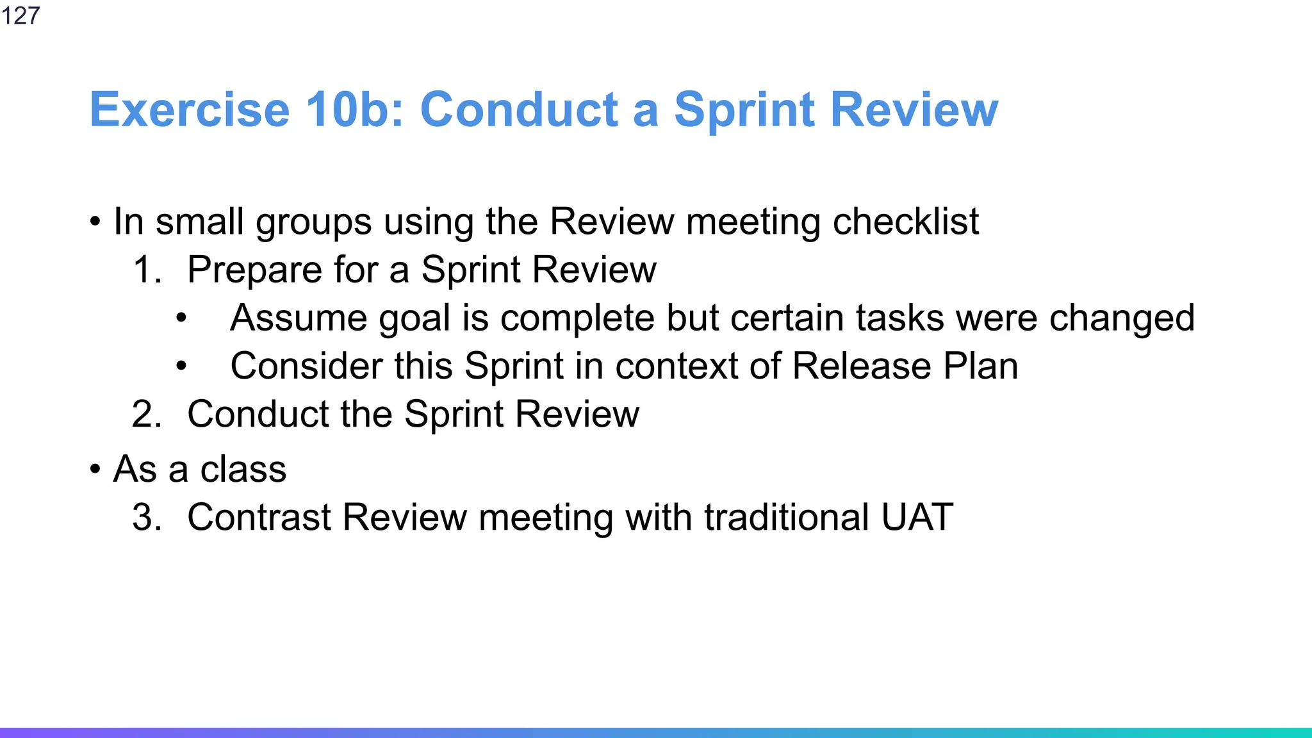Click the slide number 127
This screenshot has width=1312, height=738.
(20, 15)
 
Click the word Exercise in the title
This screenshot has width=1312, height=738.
(190, 110)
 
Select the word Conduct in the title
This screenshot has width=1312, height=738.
(519, 110)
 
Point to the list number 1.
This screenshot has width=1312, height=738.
(147, 270)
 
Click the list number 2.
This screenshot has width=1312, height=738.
(147, 414)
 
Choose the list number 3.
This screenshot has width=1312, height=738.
(147, 518)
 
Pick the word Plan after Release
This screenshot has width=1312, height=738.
(980, 366)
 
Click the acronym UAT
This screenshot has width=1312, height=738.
(917, 518)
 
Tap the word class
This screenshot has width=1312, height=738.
(243, 469)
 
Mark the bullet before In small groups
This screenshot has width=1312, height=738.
(95, 222)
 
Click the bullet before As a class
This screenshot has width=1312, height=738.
(95, 470)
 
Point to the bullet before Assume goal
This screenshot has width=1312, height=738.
(181, 318)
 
